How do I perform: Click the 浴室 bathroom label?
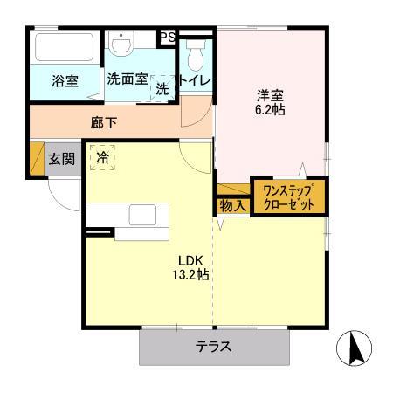[x=65, y=81]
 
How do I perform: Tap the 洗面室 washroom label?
[x=128, y=78]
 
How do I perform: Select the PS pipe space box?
[x=166, y=38]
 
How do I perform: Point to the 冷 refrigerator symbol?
[x=103, y=157]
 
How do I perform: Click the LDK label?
[x=190, y=259]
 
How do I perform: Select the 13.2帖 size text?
[x=190, y=275]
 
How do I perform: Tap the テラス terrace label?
[x=213, y=346]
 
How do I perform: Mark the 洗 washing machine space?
[x=162, y=87]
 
